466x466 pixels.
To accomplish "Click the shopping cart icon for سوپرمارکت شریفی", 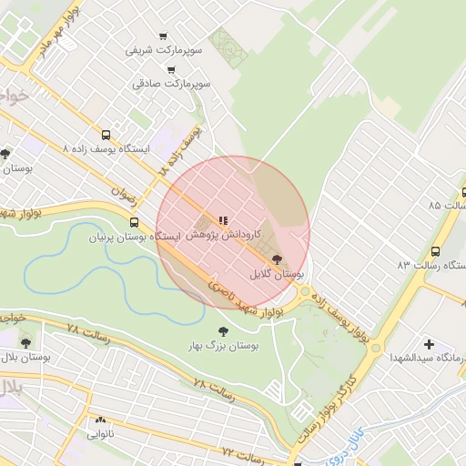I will point(163,37).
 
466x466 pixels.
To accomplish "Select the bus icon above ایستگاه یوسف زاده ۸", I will point(107,133).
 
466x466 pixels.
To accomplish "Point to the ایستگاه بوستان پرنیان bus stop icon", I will point(135,222).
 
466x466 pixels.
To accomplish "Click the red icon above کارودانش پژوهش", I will point(223,219).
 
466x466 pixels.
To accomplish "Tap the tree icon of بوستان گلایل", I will point(277,259).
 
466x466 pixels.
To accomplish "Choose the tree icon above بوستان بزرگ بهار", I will point(223,331).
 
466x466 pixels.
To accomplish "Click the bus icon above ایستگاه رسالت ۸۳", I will point(435,251).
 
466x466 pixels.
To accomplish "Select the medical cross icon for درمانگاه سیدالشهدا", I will point(429,346).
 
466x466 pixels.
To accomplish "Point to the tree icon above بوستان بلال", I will point(25,341).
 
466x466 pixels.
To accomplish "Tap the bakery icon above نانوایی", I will point(100,420).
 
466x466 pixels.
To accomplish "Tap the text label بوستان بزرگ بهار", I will point(224,346).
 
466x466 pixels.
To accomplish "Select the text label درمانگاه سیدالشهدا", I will point(432,360).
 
